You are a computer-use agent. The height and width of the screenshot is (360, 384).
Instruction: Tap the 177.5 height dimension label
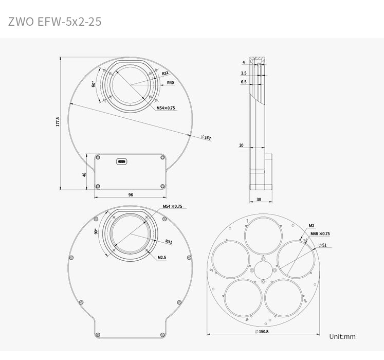58,122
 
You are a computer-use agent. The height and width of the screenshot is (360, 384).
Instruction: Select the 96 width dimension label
130,195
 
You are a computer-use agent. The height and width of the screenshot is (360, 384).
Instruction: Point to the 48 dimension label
84,174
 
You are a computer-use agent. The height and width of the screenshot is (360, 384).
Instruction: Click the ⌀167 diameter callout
206,137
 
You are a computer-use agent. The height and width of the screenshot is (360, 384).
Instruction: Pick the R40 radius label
170,82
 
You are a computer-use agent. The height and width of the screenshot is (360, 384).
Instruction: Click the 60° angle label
93,84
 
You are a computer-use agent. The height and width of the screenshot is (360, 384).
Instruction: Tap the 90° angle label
96,232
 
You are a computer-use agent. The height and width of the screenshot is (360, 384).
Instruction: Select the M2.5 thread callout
162,257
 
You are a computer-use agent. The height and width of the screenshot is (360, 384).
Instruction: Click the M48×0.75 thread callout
320,233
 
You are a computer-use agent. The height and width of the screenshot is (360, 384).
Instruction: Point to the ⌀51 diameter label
322,245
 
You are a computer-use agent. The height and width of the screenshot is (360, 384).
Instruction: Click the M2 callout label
312,225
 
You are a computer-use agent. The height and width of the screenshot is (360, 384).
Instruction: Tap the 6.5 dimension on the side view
243,82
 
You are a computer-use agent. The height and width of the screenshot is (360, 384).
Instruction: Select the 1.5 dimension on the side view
243,73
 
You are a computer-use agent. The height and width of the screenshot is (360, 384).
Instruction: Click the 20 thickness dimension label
241,146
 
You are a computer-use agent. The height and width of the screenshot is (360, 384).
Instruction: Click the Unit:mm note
342,336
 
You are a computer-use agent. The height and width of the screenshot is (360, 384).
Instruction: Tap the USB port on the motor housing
122,161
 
